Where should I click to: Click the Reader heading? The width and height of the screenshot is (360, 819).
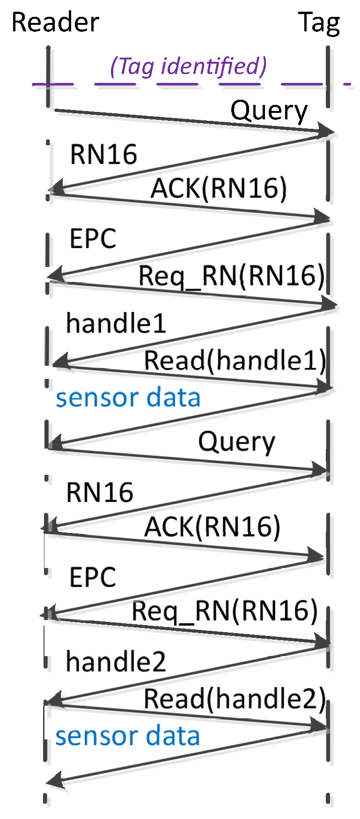[55, 22]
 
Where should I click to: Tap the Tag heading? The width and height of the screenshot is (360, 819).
[319, 22]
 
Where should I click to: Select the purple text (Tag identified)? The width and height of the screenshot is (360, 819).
[188, 66]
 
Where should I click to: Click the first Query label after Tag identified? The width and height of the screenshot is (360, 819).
[269, 111]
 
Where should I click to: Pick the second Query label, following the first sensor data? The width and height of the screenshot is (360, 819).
[236, 442]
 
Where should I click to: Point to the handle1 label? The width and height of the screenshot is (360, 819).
[116, 324]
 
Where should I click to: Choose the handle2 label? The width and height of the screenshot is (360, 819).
[116, 662]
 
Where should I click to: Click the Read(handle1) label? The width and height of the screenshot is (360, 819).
[235, 361]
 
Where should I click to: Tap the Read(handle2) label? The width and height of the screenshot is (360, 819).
[234, 699]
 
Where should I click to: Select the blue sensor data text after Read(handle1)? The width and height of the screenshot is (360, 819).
[128, 398]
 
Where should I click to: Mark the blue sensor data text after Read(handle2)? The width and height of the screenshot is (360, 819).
[127, 736]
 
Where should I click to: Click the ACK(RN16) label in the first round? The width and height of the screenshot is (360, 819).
[218, 188]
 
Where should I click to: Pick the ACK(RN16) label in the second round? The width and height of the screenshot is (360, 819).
[212, 526]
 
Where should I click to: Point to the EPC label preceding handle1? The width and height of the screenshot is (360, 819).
[93, 239]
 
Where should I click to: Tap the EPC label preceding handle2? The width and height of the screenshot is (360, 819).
[93, 577]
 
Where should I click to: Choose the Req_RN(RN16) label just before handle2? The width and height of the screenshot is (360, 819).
[225, 611]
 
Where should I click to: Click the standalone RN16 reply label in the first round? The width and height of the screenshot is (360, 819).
[103, 155]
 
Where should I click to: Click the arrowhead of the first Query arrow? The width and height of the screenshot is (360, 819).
[328, 132]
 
